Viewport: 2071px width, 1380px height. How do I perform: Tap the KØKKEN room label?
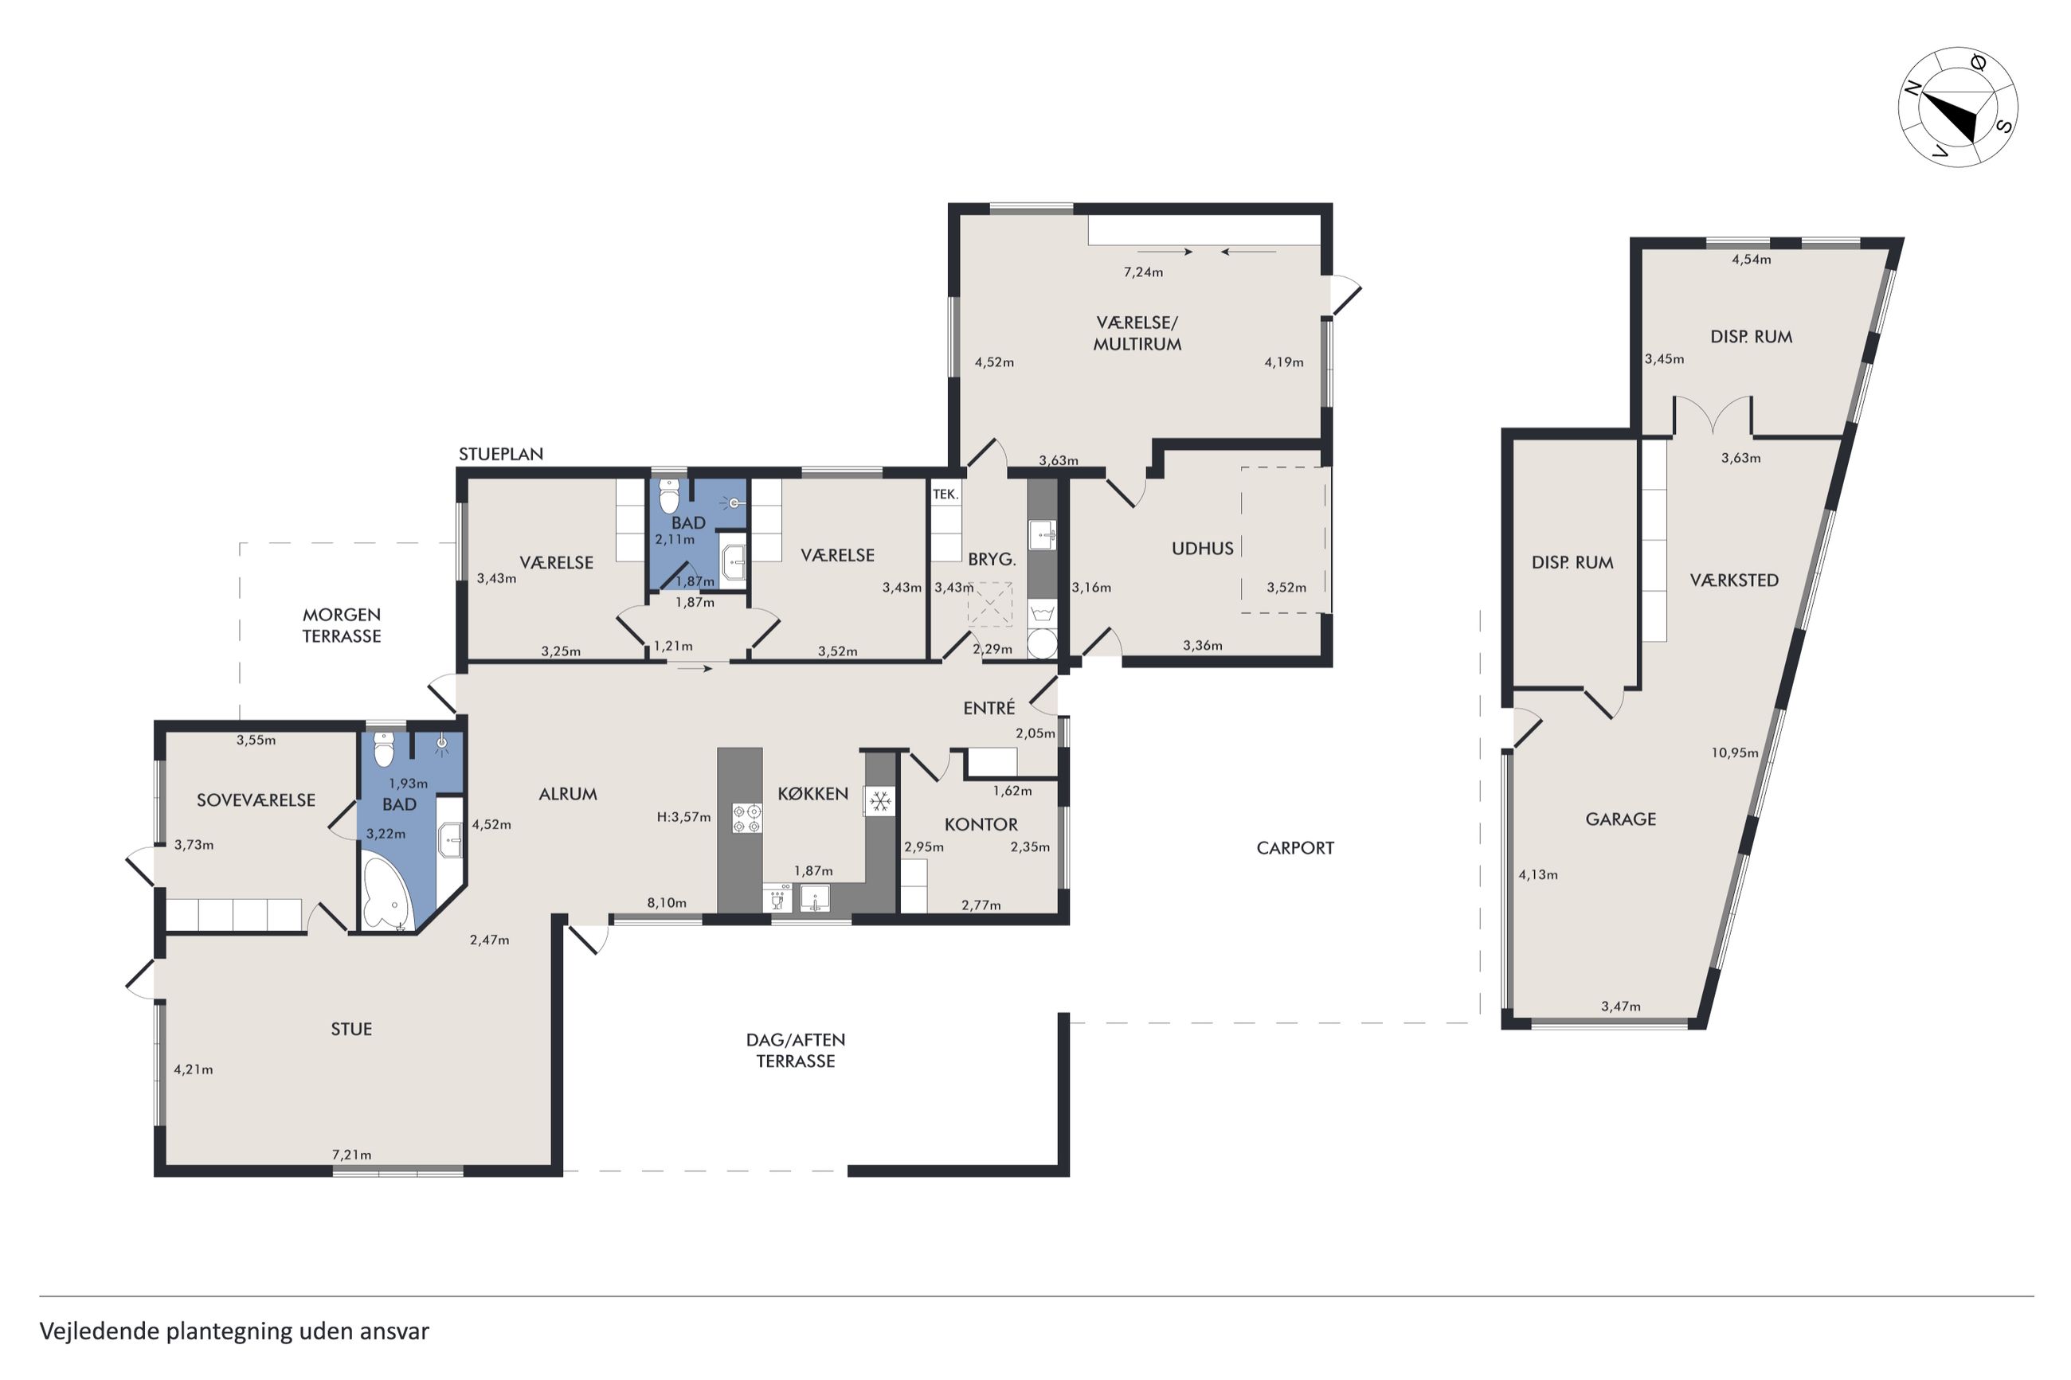click(x=812, y=794)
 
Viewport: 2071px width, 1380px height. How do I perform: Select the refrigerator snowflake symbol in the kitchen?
click(x=880, y=801)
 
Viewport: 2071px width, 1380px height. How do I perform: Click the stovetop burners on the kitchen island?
click(x=747, y=818)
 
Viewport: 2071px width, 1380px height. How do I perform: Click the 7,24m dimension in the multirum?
click(x=1142, y=272)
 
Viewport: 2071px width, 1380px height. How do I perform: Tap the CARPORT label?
click(x=1294, y=848)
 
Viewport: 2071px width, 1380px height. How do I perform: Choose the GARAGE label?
click(x=1620, y=819)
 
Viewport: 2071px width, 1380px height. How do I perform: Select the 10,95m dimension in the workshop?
click(x=1735, y=753)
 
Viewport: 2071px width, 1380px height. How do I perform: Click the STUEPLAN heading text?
click(x=501, y=454)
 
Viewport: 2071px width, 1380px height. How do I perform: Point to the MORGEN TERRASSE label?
click(x=342, y=625)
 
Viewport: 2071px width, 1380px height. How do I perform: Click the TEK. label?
click(x=945, y=494)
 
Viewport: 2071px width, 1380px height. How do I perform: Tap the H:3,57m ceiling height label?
click(x=684, y=817)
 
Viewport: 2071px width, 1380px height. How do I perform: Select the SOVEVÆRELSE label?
click(x=255, y=800)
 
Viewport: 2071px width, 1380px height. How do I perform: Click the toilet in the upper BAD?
click(x=670, y=496)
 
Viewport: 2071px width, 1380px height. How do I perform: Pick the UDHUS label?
click(x=1202, y=549)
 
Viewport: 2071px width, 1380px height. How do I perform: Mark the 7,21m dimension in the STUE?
click(x=351, y=1155)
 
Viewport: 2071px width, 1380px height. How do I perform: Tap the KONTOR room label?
click(x=981, y=825)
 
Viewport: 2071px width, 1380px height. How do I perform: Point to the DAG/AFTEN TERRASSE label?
click(x=796, y=1050)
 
